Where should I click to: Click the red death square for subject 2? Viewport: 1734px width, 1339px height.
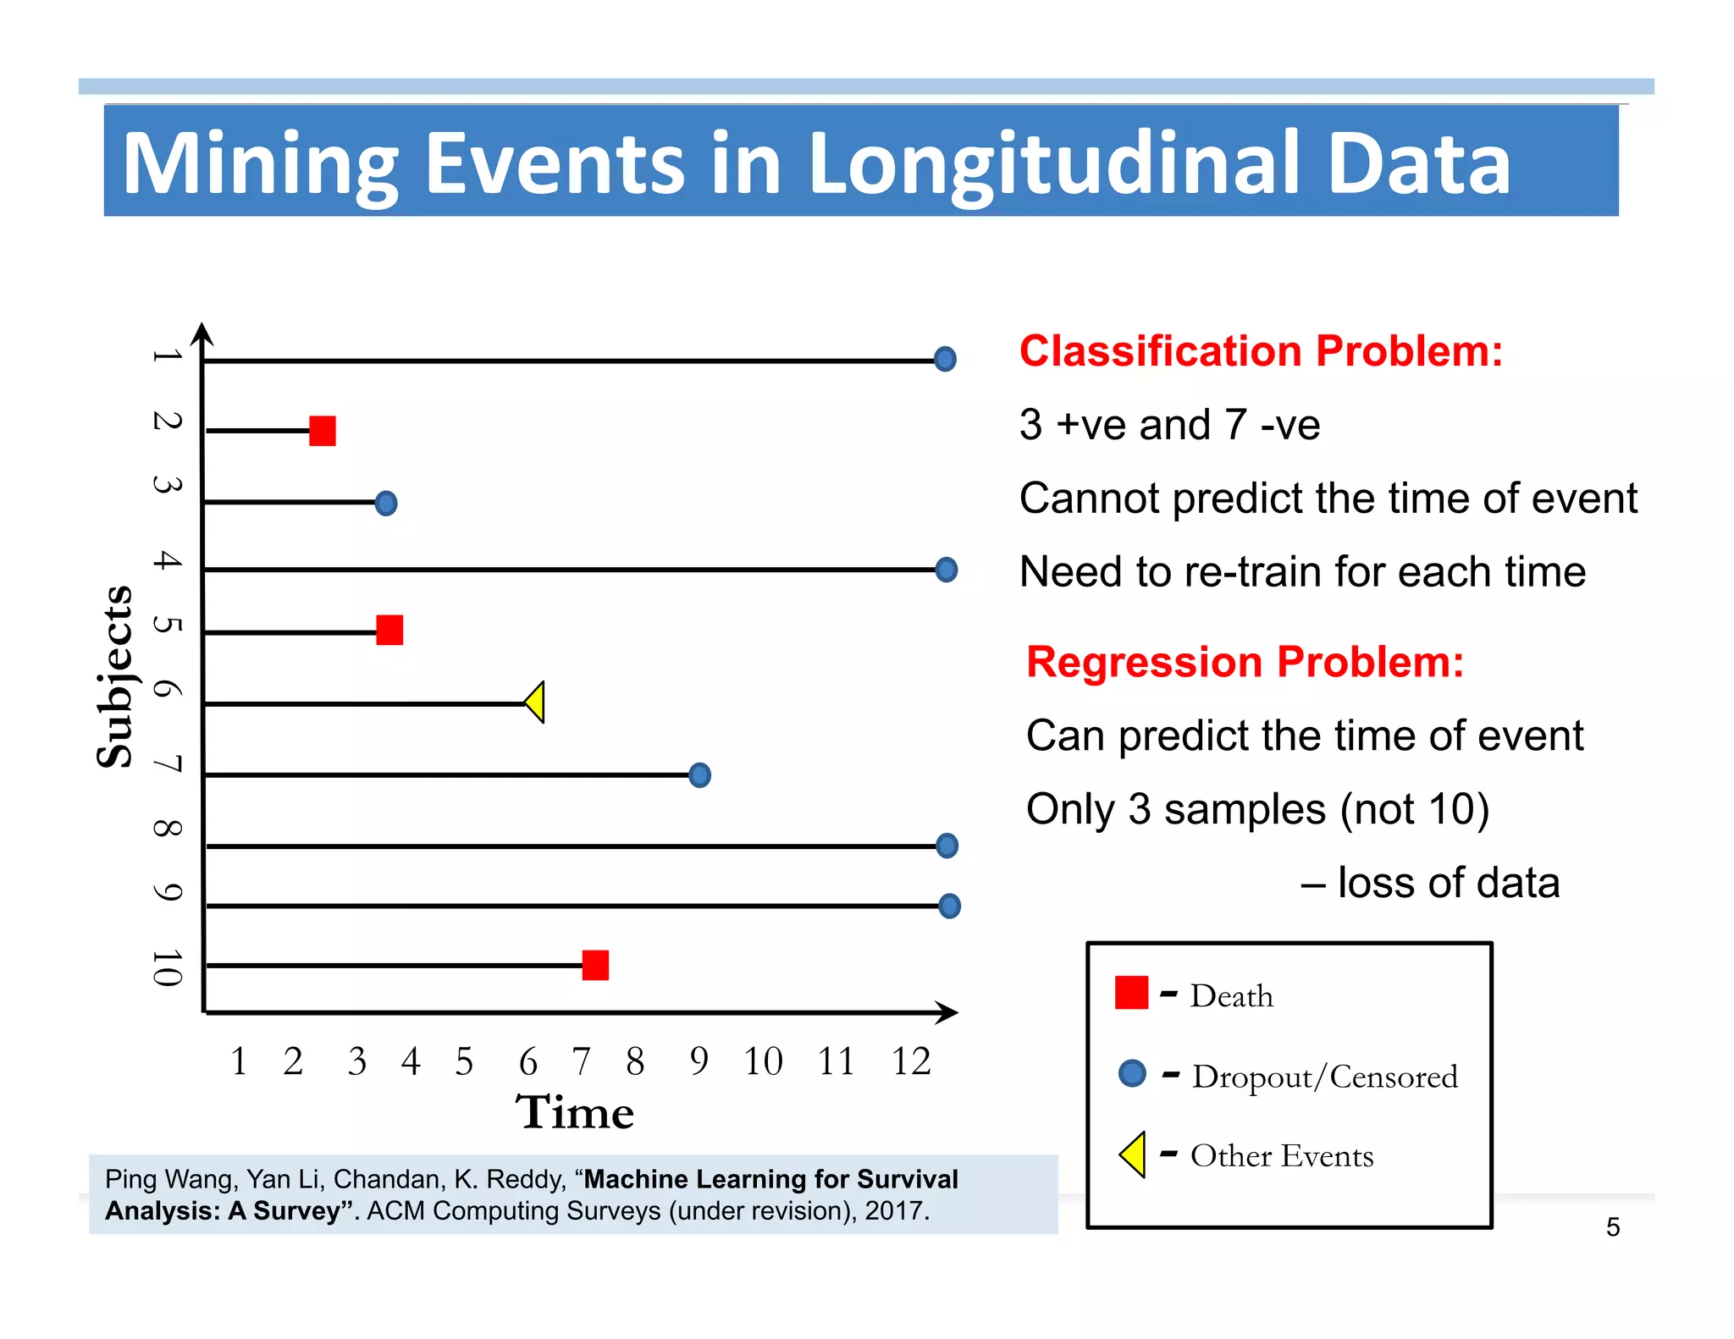click(323, 431)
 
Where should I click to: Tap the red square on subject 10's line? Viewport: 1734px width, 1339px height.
click(595, 965)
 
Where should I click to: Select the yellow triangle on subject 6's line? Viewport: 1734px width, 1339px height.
click(536, 703)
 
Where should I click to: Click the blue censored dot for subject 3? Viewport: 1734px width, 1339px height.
click(386, 504)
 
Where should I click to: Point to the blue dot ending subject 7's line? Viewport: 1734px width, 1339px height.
click(699, 774)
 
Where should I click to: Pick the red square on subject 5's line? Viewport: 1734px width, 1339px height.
click(389, 630)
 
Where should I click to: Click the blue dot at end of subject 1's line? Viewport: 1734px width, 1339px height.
click(945, 359)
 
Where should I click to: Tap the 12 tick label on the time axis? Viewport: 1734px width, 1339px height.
click(911, 1061)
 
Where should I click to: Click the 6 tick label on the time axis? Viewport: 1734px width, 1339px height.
click(527, 1061)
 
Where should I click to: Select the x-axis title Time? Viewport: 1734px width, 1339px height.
click(575, 1112)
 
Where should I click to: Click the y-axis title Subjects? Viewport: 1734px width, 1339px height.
click(115, 677)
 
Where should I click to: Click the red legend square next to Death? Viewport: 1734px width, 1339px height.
click(1131, 993)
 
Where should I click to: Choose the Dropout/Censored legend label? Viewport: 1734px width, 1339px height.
click(1324, 1077)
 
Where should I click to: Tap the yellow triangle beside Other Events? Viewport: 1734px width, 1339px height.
click(1134, 1154)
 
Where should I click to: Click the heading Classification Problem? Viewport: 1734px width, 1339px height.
click(1261, 351)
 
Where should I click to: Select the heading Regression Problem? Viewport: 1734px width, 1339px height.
click(1245, 662)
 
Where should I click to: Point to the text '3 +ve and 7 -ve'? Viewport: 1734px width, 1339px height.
click(1169, 425)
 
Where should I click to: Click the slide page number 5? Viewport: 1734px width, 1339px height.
click(1613, 1227)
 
